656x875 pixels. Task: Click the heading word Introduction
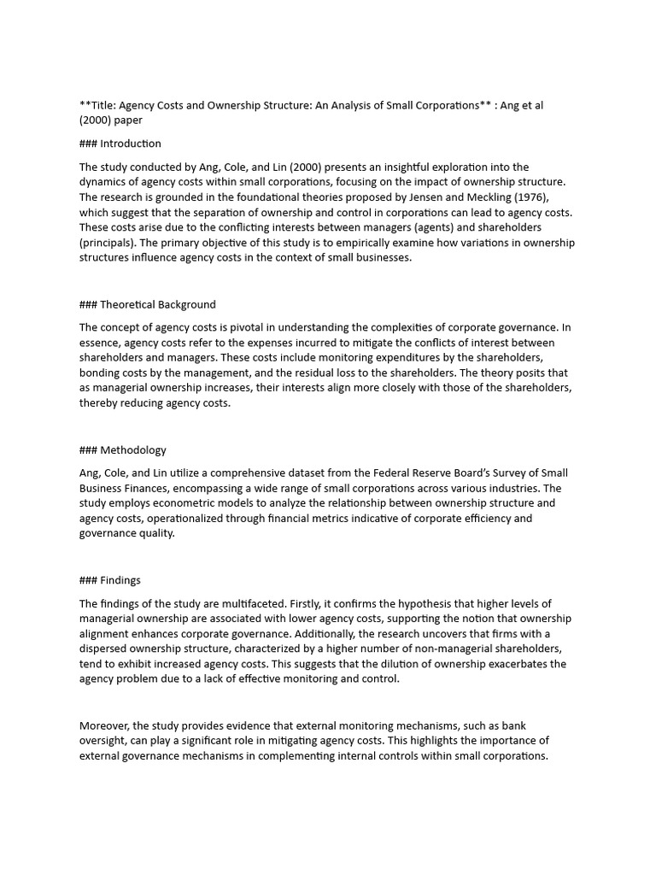click(x=131, y=144)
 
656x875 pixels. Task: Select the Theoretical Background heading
click(x=158, y=304)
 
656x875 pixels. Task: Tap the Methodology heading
click(x=133, y=450)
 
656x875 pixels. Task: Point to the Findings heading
click(x=120, y=580)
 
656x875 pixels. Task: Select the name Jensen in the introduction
click(x=428, y=197)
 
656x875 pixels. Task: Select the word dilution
click(x=428, y=664)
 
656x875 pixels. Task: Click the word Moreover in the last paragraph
click(x=105, y=725)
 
